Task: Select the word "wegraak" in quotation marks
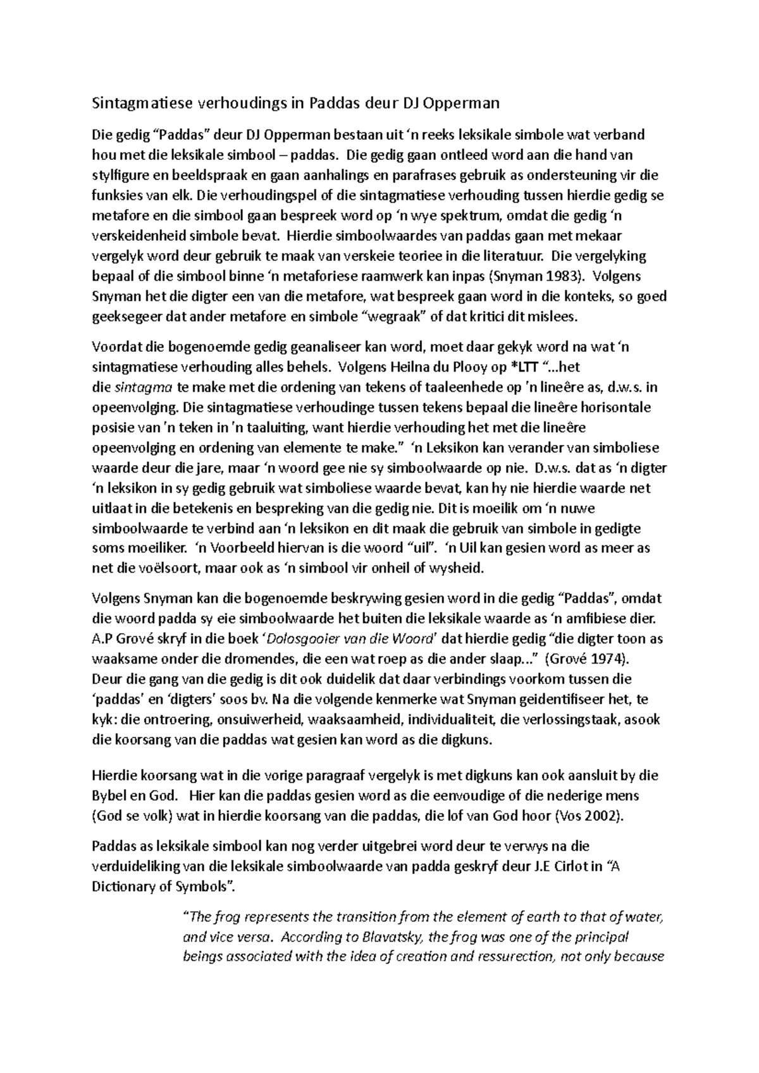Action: (x=394, y=317)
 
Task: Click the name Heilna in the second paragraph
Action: (x=402, y=367)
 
